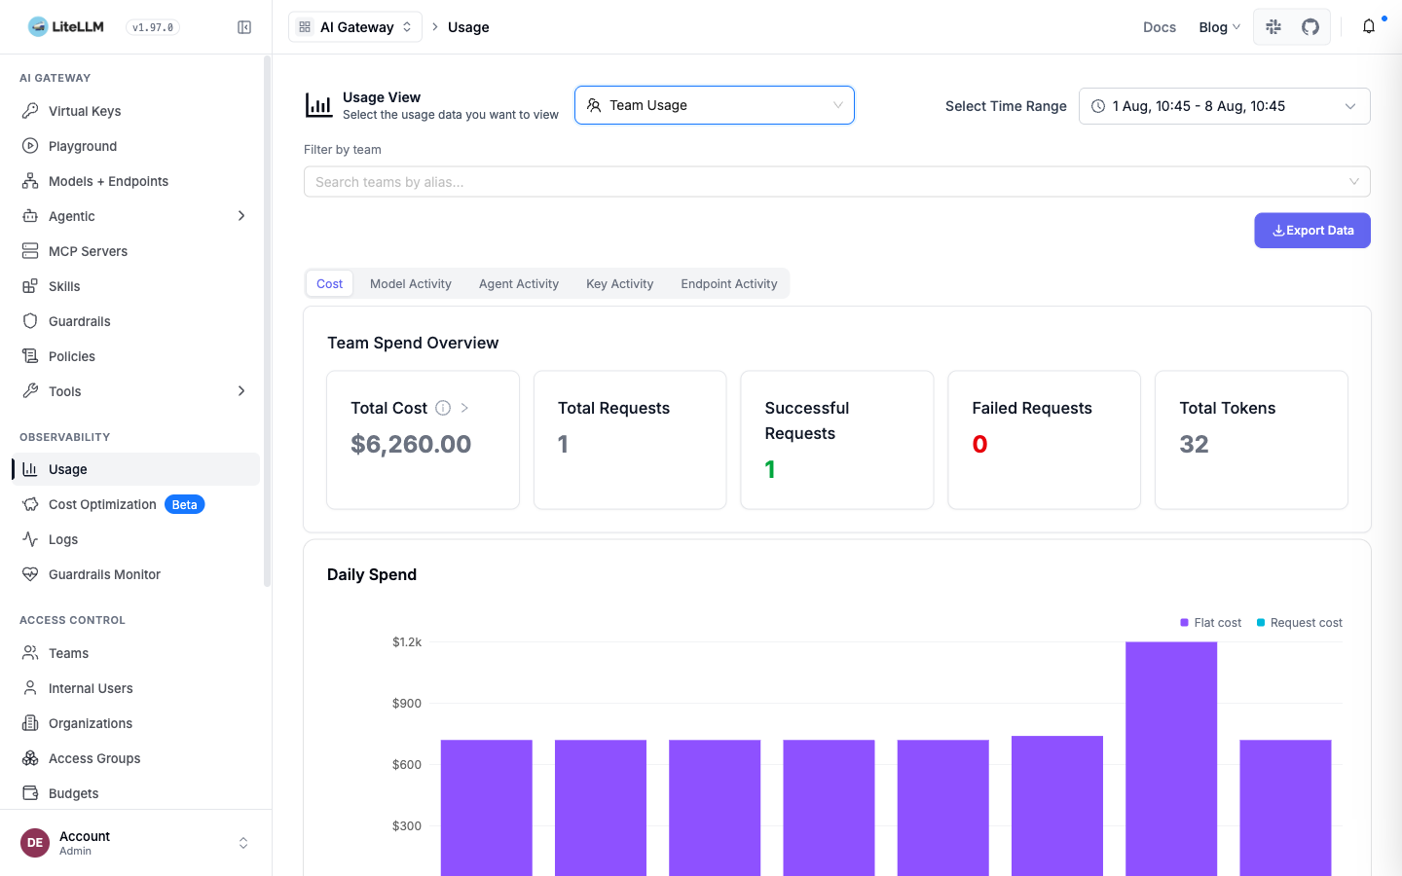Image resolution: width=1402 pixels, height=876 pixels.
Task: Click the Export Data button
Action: click(1311, 231)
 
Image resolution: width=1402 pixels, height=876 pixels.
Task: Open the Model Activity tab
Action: click(411, 283)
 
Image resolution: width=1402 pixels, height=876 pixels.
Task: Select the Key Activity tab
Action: click(619, 283)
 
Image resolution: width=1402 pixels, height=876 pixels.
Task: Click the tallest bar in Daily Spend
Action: click(1171, 758)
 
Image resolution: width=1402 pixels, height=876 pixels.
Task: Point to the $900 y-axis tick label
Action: click(407, 703)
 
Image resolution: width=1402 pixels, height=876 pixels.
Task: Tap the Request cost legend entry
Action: click(1300, 623)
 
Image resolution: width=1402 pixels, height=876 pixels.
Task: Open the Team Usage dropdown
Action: click(715, 105)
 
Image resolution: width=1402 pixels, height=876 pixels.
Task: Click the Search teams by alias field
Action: click(837, 181)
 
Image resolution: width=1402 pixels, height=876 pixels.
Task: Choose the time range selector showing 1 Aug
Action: click(1224, 106)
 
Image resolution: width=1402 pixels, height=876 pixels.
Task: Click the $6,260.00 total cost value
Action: click(411, 444)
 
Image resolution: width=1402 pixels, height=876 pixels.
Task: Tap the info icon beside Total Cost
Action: click(442, 408)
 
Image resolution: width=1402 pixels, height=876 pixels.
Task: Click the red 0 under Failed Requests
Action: click(979, 444)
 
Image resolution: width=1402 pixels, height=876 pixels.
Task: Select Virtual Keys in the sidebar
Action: click(85, 111)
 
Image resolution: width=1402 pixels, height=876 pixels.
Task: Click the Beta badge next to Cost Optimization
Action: click(185, 504)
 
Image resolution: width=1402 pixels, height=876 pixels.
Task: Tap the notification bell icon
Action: click(1369, 27)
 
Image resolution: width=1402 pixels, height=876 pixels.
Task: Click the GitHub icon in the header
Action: click(1310, 27)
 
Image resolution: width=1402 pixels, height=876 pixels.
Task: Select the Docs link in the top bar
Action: click(1160, 27)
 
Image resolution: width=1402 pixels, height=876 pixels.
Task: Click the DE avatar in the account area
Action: click(35, 842)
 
